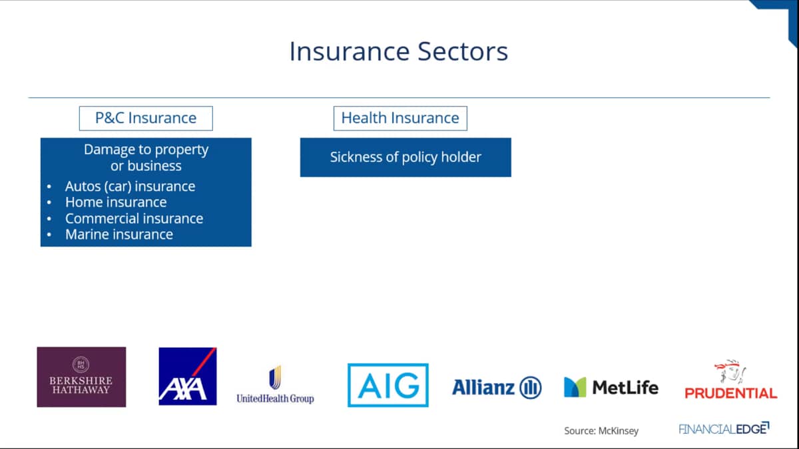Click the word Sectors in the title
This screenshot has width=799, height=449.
[x=463, y=52]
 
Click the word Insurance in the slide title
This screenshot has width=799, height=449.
[x=349, y=52]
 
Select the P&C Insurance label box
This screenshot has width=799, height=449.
[x=146, y=118]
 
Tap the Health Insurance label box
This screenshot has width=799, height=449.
[x=400, y=118]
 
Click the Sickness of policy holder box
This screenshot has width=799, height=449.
[x=405, y=157]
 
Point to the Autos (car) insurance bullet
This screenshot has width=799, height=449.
[x=130, y=186]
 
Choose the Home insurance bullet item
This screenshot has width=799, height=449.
[x=116, y=202]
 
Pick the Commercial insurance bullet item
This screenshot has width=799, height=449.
[x=134, y=218]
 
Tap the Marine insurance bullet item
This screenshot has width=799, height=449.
[x=119, y=234]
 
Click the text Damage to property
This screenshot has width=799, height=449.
[x=146, y=150]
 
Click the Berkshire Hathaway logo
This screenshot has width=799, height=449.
[x=81, y=377]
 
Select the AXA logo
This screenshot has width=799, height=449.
[x=188, y=376]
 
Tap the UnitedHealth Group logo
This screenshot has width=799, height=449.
[x=275, y=385]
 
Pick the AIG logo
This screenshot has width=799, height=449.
[x=388, y=385]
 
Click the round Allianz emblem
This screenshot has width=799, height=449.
[x=531, y=388]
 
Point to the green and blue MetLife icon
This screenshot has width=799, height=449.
[x=575, y=387]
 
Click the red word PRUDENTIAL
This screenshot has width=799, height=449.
[x=731, y=393]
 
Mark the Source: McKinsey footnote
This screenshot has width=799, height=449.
[x=601, y=431]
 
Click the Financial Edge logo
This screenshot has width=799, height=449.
[x=724, y=428]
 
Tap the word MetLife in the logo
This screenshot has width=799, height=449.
[x=625, y=387]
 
